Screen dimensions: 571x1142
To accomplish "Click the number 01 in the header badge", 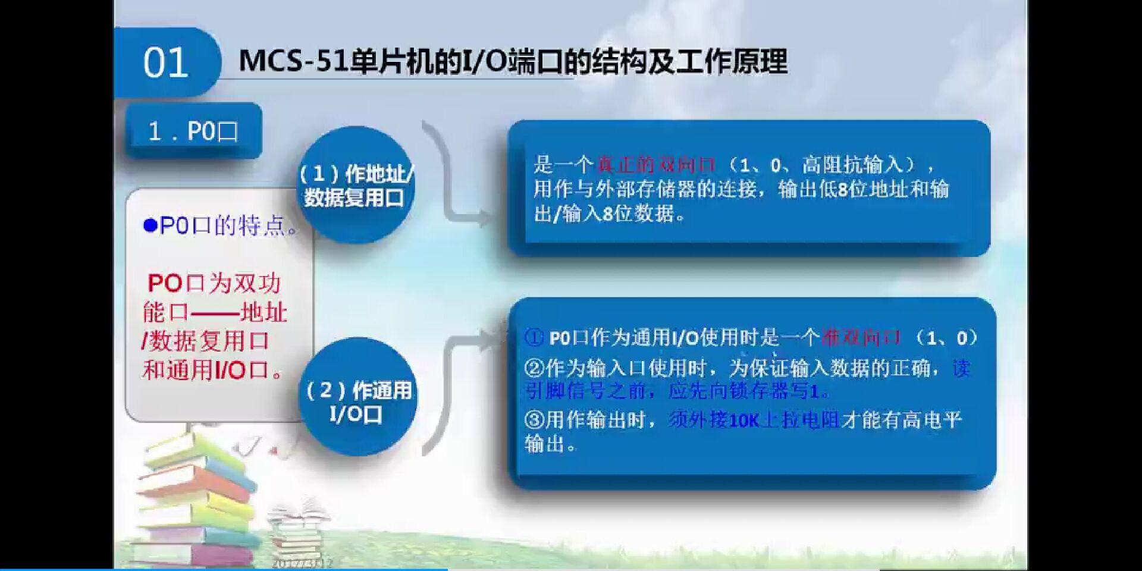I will [x=165, y=63].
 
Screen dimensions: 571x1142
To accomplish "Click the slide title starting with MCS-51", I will [x=513, y=61].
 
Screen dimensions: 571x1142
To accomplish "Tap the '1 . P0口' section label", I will [x=193, y=131].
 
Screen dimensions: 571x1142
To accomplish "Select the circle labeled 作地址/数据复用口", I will [x=355, y=185].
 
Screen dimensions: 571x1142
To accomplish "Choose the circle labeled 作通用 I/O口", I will [x=357, y=401].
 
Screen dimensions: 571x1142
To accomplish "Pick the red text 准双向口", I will [x=861, y=338].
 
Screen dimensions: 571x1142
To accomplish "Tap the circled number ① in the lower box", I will [x=534, y=338].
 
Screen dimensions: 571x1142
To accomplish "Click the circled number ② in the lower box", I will [x=534, y=368].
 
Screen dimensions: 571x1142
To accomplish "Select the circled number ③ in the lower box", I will [x=534, y=420].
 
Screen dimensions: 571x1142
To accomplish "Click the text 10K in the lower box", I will [x=743, y=421].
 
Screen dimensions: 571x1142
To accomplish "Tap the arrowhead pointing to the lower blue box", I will [x=491, y=340].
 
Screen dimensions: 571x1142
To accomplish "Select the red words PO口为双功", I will [x=214, y=283].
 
